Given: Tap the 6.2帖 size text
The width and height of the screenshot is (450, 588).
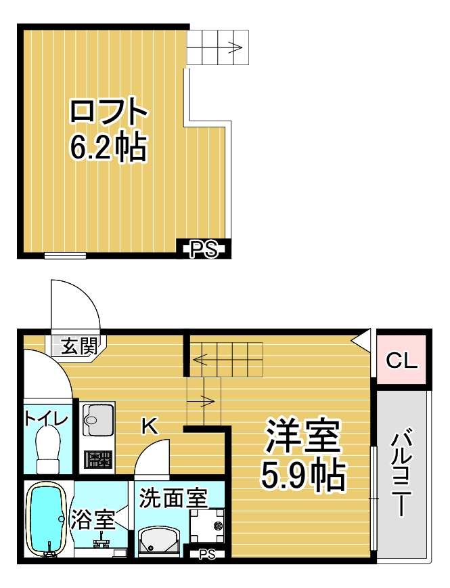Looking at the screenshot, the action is click(x=108, y=148).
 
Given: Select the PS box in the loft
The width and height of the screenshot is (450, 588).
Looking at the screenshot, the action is click(x=204, y=249).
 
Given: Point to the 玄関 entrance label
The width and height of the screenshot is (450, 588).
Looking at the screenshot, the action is click(x=79, y=345).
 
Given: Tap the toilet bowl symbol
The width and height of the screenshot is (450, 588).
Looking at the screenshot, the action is click(x=48, y=451).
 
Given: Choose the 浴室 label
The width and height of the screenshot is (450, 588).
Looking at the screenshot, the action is click(x=93, y=520).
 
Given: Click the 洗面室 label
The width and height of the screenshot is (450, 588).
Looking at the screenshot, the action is click(x=173, y=498).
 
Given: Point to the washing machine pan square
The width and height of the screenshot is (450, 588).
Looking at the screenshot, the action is click(x=207, y=526).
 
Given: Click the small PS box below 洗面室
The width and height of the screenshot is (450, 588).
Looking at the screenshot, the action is click(x=207, y=554).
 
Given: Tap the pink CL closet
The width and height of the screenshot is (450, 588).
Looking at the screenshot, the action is click(x=401, y=360).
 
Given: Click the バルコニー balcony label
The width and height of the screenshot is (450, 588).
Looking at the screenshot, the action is click(x=403, y=475).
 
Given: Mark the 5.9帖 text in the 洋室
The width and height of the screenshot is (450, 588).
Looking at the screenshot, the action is click(x=302, y=476).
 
